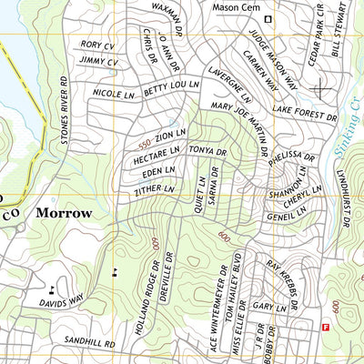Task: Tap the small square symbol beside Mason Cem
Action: point(268,19)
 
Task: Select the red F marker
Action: point(326,327)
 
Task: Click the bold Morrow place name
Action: point(64,213)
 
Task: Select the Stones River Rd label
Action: point(64,108)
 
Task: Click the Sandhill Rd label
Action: point(90,344)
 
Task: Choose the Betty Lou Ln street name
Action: point(171,86)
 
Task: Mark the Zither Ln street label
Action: point(153,188)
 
